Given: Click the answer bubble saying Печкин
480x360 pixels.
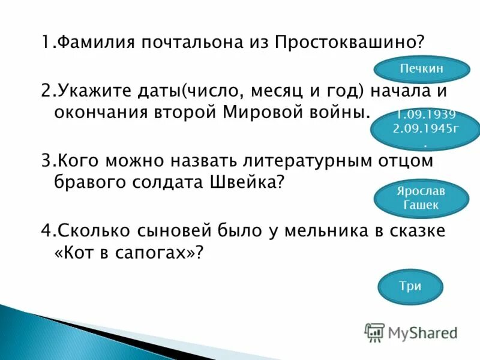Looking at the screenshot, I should click(x=421, y=69).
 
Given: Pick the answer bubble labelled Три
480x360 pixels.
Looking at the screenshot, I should click(x=410, y=286).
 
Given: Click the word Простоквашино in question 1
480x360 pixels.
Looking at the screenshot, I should click(x=349, y=43).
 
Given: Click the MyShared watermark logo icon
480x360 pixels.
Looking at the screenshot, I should click(x=374, y=332).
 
